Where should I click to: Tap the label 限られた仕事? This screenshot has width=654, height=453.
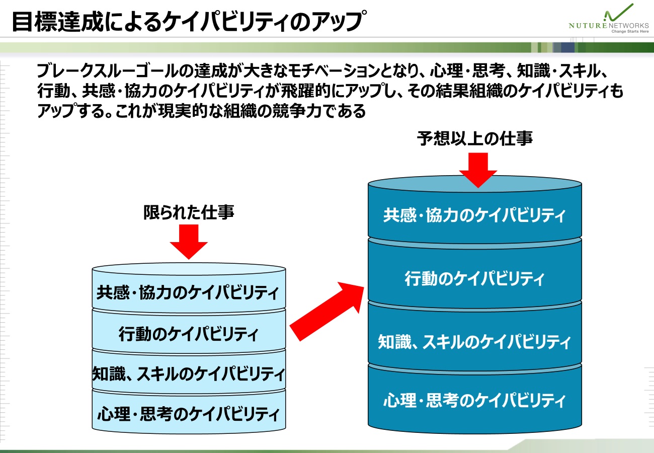pos(189,213)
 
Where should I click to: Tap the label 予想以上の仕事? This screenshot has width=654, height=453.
pos(474,138)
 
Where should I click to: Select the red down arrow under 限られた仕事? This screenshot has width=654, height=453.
pos(189,241)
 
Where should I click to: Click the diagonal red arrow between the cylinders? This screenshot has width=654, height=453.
pos(327,312)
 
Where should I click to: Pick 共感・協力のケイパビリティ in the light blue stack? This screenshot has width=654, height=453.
pos(189,292)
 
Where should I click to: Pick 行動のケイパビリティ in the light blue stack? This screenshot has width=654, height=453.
pos(189,334)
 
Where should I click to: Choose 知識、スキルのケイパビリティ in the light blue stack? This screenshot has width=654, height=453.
pos(189,374)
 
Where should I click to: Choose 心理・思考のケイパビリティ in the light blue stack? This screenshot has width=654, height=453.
pos(189,414)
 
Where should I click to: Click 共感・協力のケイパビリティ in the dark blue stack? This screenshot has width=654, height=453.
pos(474,215)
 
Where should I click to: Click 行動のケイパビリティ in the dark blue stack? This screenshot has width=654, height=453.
pos(474,278)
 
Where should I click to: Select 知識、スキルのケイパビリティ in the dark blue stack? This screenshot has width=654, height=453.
pos(474,343)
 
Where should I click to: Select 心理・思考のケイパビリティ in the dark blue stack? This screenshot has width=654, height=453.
pos(474,401)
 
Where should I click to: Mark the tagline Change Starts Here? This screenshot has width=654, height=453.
pos(629,31)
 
